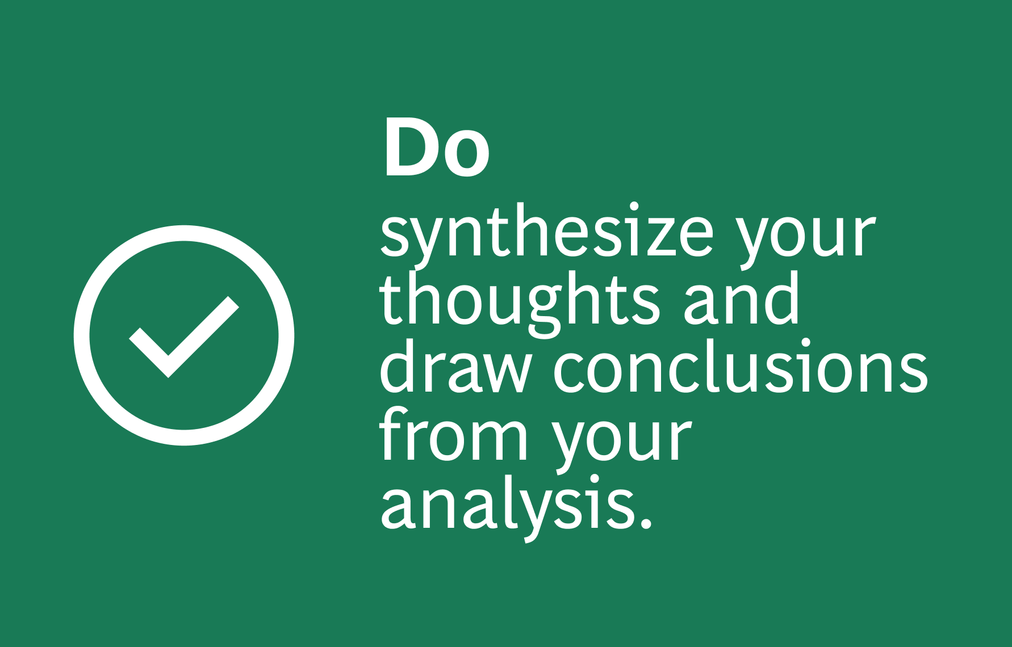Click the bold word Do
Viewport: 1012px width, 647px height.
437,148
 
